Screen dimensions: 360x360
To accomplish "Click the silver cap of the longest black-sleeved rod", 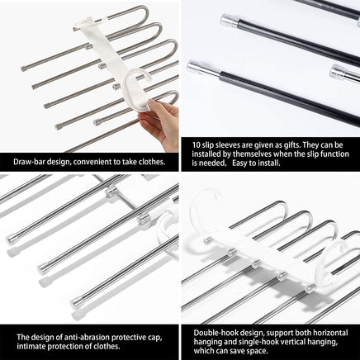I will pos(196,69).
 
